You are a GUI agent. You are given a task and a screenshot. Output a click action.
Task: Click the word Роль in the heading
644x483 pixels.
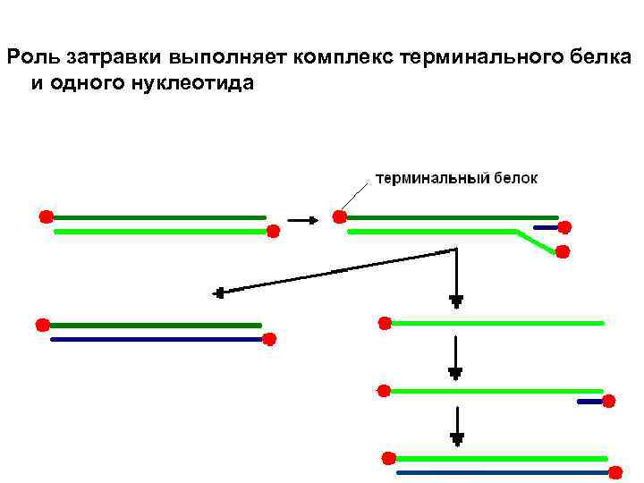(30, 59)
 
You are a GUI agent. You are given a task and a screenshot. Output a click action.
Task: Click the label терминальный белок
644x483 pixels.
(455, 179)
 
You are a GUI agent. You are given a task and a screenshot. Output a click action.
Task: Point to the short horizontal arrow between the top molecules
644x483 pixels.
(301, 218)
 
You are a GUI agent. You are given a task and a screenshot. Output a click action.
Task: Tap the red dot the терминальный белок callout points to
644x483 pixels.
(339, 216)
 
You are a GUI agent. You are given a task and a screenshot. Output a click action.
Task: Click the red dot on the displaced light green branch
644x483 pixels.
(563, 251)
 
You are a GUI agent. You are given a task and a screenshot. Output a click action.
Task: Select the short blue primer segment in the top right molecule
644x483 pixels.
(546, 227)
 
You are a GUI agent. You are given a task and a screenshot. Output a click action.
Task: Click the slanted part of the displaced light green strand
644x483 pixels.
(535, 241)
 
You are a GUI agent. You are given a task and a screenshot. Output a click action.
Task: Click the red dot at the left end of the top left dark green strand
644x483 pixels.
(46, 216)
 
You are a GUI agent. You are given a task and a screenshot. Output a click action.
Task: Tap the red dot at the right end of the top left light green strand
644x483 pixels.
(274, 231)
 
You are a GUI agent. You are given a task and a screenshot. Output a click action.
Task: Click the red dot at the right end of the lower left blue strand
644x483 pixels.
(269, 339)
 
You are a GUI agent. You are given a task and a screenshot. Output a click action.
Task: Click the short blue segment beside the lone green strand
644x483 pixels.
(589, 402)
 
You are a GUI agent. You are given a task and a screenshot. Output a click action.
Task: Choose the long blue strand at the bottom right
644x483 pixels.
(501, 471)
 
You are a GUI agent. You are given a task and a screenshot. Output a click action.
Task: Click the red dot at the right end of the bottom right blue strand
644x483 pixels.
(616, 471)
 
